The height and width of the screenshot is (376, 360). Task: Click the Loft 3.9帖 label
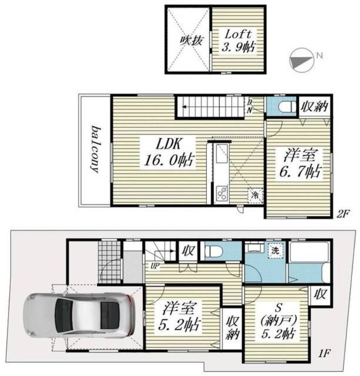(x=238, y=41)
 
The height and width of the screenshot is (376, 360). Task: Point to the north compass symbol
(x=302, y=60)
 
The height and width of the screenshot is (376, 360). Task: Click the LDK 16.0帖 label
(x=169, y=152)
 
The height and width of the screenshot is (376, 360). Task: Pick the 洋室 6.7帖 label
(x=300, y=163)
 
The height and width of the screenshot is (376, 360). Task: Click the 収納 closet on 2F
(x=315, y=107)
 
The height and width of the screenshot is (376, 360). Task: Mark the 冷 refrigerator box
(x=255, y=196)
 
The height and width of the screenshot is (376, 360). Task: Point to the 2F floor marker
(x=343, y=213)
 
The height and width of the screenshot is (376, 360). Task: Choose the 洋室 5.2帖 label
(x=180, y=316)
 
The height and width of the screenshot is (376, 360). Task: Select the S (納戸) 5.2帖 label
(x=278, y=320)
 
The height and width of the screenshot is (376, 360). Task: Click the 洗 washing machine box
(x=275, y=251)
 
